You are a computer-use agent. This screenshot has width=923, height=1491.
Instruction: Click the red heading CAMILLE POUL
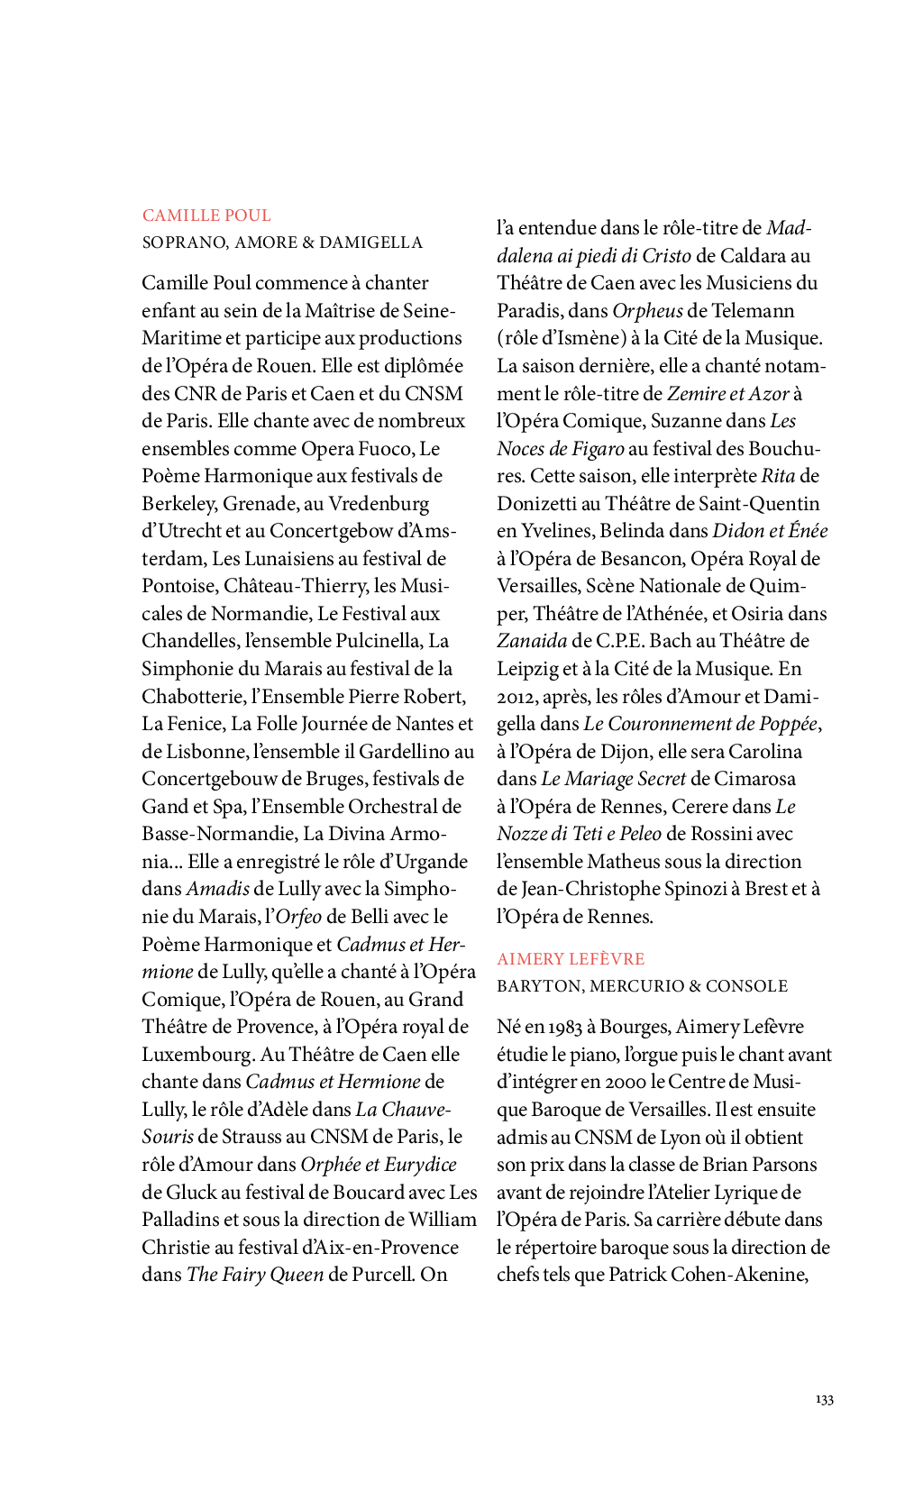(x=206, y=215)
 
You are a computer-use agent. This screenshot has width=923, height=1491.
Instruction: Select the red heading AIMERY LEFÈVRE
(x=571, y=959)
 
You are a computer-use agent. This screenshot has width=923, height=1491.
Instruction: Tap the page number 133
(x=824, y=1399)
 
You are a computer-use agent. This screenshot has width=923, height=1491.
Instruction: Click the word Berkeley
(x=178, y=504)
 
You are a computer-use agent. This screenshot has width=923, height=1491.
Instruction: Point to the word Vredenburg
(x=379, y=504)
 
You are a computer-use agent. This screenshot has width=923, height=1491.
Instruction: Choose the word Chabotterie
(x=193, y=697)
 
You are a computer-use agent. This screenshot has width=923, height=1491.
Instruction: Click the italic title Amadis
(x=217, y=889)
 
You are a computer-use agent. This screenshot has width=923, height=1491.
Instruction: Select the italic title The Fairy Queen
(x=254, y=1275)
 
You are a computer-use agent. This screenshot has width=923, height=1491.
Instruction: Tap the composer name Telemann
(x=753, y=311)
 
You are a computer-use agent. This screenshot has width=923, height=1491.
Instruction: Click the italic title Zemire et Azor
(x=727, y=394)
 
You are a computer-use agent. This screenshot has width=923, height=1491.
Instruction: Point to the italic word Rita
(x=778, y=476)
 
